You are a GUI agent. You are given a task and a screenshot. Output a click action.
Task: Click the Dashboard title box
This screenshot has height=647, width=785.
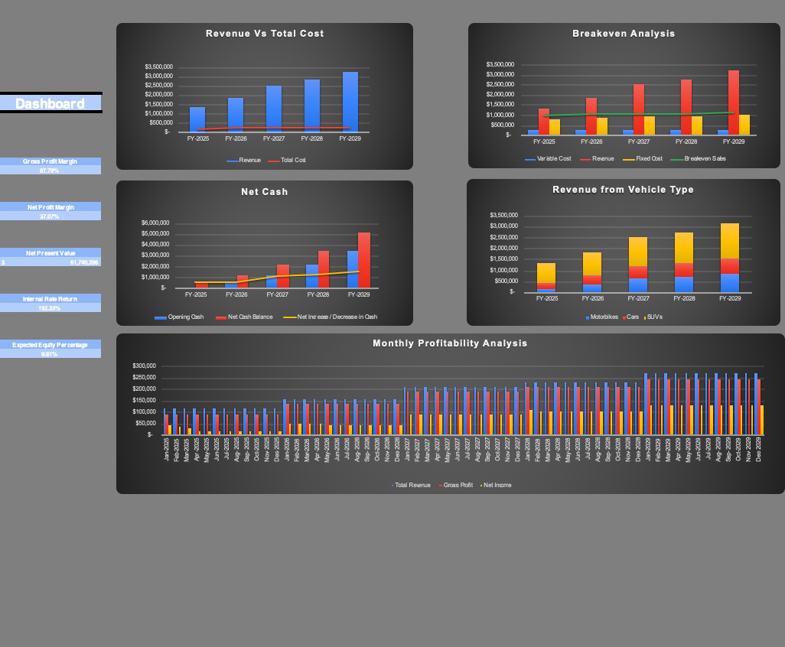(x=50, y=103)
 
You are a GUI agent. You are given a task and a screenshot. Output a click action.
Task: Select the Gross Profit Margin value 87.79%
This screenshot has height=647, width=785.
(x=50, y=171)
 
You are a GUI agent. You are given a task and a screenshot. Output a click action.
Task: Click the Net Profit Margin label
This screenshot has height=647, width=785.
(x=50, y=207)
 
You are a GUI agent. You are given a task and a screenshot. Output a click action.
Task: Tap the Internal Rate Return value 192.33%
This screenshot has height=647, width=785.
(x=50, y=308)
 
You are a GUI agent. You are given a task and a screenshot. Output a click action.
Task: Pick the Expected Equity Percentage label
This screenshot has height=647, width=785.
(x=50, y=345)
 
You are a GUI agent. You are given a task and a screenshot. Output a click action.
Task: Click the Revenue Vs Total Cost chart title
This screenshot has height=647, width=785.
(x=265, y=34)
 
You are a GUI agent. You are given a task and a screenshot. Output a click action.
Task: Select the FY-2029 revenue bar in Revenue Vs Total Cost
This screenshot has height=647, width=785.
(x=350, y=102)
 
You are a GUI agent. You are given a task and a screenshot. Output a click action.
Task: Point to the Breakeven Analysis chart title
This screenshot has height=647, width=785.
(x=624, y=34)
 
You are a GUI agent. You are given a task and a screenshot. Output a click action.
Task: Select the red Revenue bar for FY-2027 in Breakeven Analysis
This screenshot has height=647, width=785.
(x=639, y=109)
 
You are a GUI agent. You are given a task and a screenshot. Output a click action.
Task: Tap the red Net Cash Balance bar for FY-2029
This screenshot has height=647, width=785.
(x=364, y=260)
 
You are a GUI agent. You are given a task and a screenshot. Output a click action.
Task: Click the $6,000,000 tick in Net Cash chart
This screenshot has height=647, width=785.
(x=155, y=223)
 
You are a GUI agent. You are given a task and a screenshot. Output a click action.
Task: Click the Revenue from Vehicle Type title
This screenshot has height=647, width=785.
(x=623, y=190)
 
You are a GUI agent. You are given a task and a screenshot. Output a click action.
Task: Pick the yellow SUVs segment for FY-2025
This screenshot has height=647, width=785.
(x=546, y=273)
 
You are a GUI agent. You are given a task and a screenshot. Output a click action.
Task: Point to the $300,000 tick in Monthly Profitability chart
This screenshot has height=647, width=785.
(x=144, y=366)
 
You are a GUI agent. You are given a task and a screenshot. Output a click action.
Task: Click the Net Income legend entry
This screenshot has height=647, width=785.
(x=497, y=486)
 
